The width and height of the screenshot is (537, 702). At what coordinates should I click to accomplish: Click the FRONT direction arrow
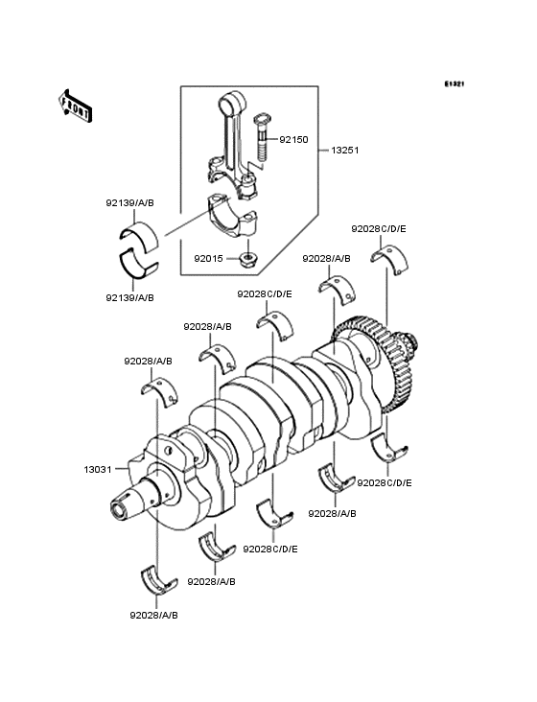coord(75,106)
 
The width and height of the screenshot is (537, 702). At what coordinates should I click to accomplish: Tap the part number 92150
coord(293,140)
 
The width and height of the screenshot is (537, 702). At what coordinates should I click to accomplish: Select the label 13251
coord(345,151)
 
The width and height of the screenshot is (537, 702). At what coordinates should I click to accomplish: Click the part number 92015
coord(208,259)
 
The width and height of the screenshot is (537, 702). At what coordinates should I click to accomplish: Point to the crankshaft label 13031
coord(98,469)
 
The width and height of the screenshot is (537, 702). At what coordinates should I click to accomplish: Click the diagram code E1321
coord(455,83)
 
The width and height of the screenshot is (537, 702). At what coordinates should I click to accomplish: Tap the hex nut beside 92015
coord(246,258)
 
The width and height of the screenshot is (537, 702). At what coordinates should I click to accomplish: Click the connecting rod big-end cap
coord(233,216)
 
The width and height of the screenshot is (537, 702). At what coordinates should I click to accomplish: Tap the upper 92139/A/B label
coord(129,202)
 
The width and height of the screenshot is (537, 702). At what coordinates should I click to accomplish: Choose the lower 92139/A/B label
coord(129,297)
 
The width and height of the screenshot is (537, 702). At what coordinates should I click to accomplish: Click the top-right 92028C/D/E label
coord(379,229)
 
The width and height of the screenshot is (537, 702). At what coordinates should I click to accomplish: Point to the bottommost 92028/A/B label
coord(154,616)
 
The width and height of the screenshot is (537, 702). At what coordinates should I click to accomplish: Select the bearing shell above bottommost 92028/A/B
coord(158,581)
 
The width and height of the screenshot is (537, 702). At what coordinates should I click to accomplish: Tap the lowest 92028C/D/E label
coord(270,549)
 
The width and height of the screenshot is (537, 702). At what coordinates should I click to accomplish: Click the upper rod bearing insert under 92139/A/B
coord(139,236)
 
